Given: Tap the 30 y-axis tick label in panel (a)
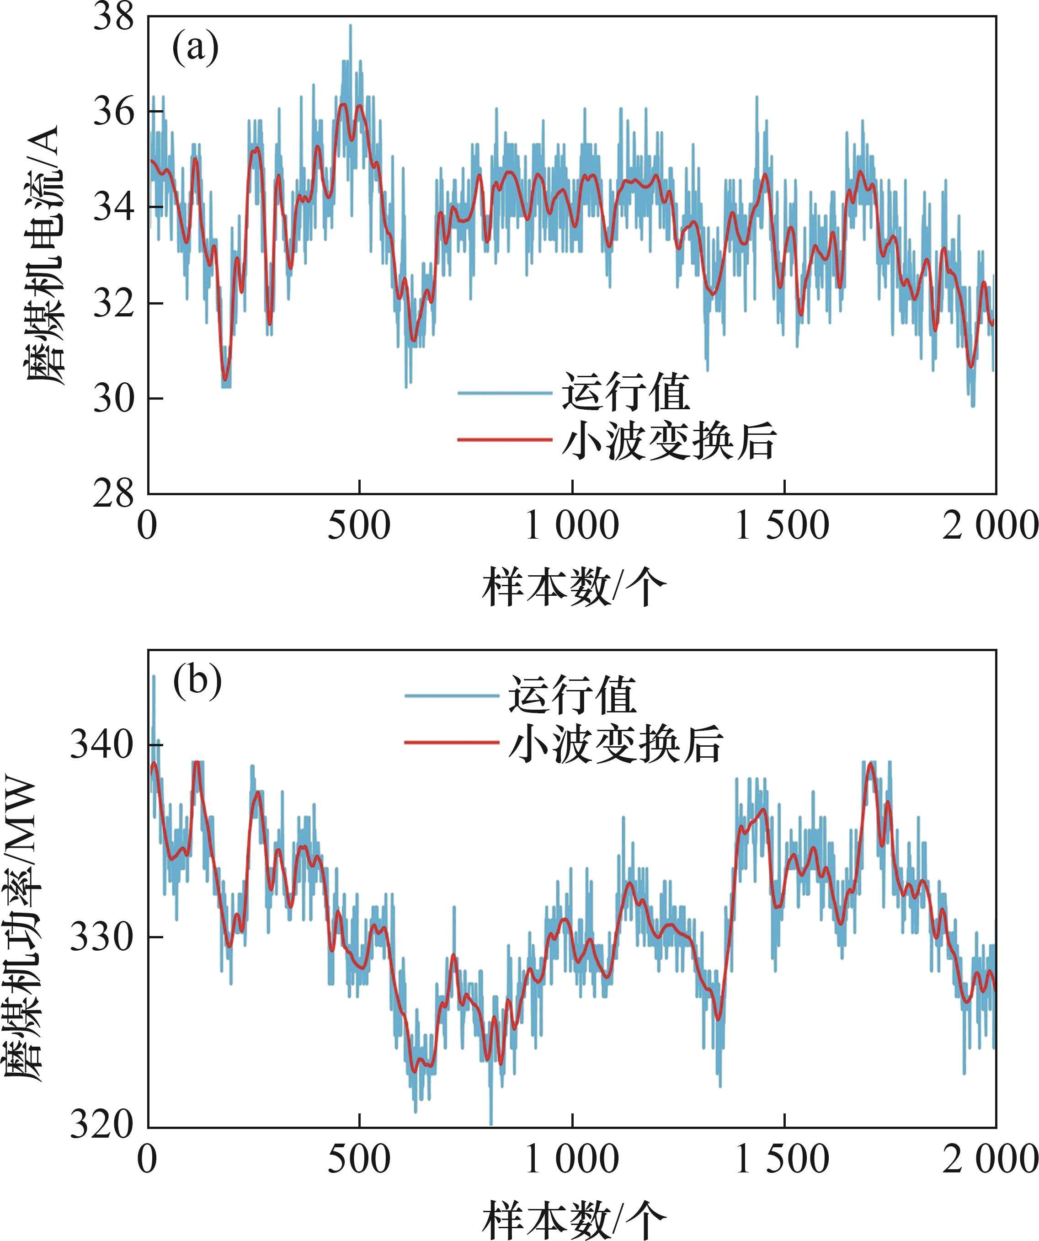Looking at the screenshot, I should point(114,398).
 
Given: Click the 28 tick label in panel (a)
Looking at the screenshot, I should point(114,493).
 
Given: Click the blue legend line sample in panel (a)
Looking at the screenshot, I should point(505,393).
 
